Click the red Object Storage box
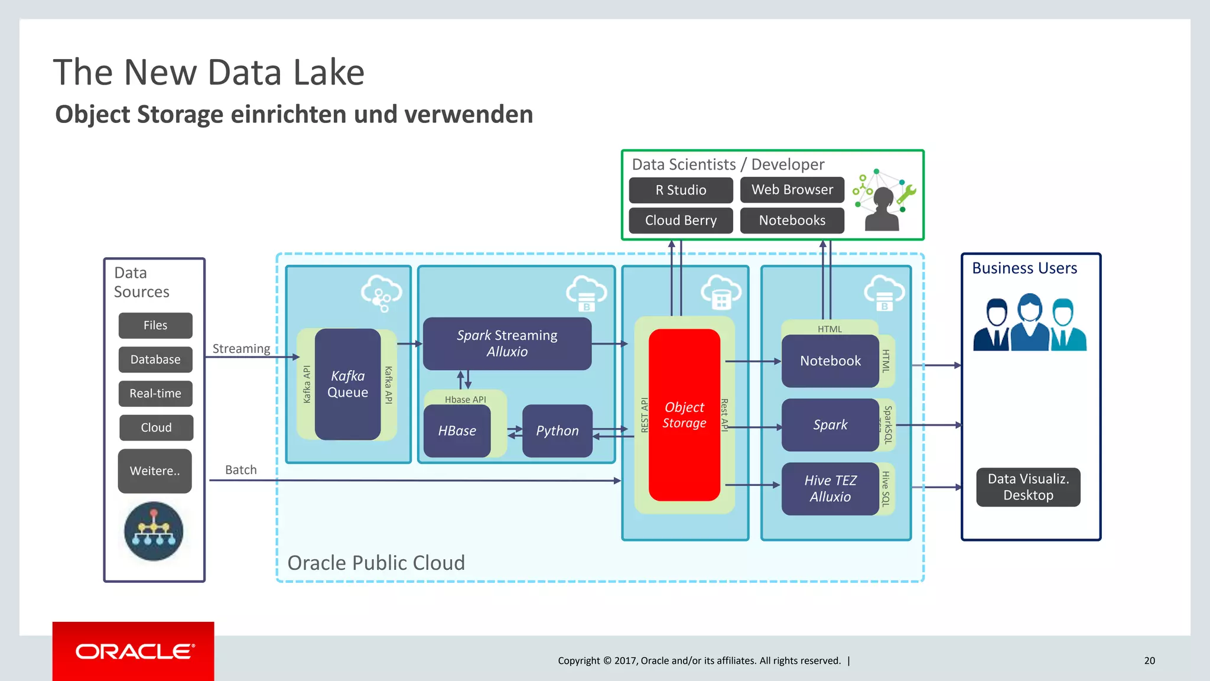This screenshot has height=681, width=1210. (x=684, y=415)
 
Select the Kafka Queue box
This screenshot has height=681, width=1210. (x=347, y=384)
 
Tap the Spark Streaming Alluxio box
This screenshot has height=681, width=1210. (x=507, y=343)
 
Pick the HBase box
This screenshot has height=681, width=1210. (x=457, y=431)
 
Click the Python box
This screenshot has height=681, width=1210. (x=557, y=431)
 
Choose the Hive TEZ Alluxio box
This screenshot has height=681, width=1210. (x=830, y=489)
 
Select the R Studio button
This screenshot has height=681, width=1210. (x=681, y=190)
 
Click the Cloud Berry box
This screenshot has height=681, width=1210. (x=681, y=220)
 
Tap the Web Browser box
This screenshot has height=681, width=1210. (x=792, y=190)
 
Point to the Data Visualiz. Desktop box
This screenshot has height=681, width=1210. (x=1028, y=487)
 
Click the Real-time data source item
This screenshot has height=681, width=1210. (x=155, y=394)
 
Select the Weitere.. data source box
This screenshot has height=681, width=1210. (x=155, y=471)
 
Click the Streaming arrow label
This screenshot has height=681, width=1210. (x=241, y=349)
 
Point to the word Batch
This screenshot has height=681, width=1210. (x=241, y=470)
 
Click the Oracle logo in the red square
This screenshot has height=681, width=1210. (x=134, y=651)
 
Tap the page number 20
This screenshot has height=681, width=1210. (x=1149, y=661)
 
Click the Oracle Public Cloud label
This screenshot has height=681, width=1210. (x=376, y=563)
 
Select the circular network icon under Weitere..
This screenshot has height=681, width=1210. (x=154, y=531)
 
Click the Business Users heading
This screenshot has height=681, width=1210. (x=1024, y=268)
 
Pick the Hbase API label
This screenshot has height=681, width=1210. (x=466, y=400)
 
